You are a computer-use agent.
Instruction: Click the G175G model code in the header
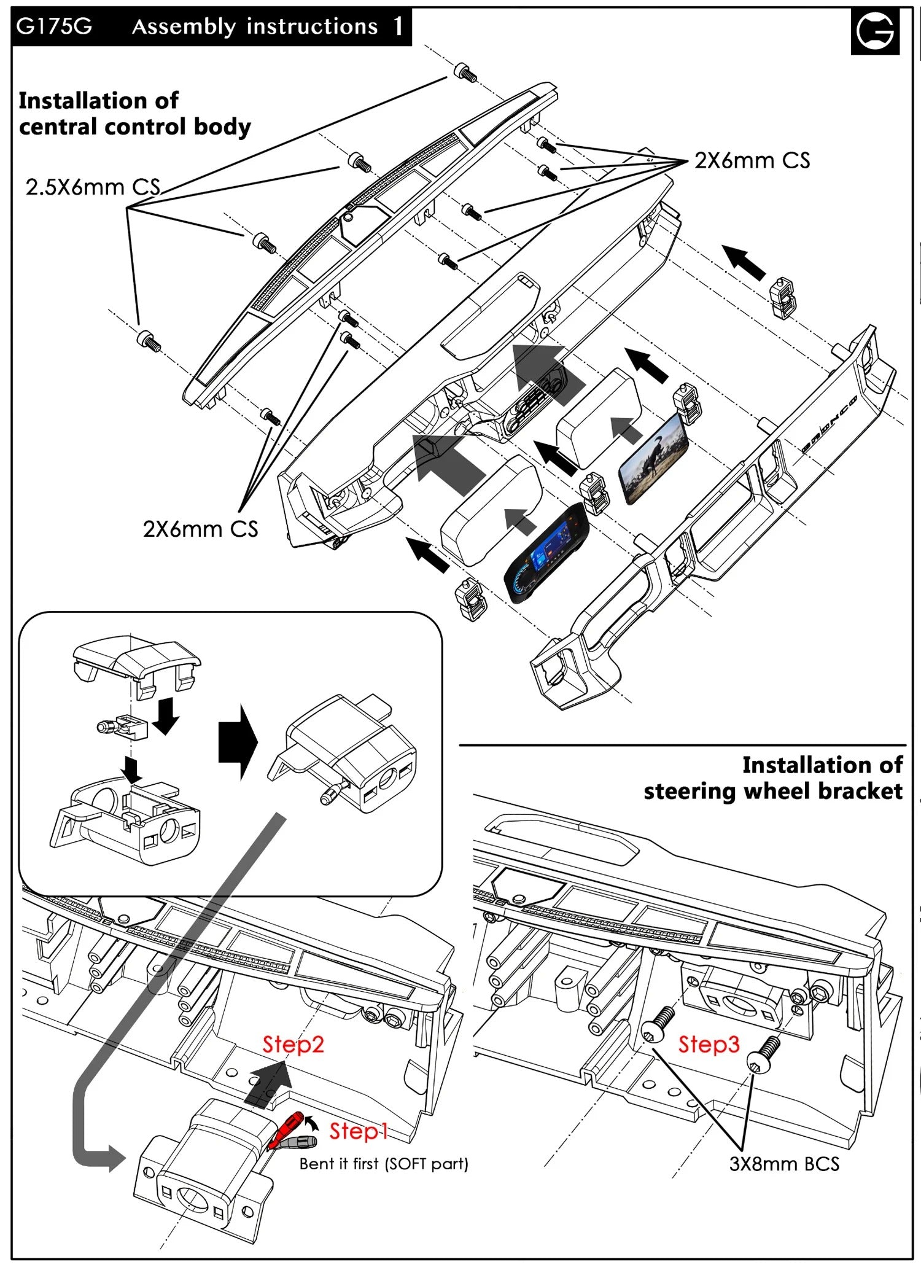(x=54, y=26)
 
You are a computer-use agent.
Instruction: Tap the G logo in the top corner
(x=875, y=31)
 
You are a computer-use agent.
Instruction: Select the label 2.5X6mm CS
(x=93, y=187)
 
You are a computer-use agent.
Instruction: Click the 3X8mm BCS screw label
(x=783, y=1164)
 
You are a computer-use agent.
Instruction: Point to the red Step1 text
(x=359, y=1131)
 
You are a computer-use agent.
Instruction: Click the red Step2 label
(x=293, y=1044)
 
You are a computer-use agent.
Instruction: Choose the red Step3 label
(x=709, y=1044)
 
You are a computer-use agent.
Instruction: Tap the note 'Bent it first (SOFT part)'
(x=384, y=1164)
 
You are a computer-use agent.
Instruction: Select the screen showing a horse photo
(x=653, y=458)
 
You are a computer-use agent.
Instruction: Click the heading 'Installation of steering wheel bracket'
(x=773, y=778)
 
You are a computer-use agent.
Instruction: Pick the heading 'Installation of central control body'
(x=134, y=114)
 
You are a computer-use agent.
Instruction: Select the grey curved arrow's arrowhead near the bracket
(x=117, y=1159)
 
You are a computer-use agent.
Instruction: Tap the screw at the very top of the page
(x=465, y=72)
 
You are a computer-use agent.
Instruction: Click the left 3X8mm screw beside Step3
(x=658, y=1023)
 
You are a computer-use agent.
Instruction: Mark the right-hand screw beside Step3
(x=763, y=1053)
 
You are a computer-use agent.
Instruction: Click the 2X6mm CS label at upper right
(x=752, y=161)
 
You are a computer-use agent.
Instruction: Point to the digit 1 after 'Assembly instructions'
(x=398, y=26)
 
